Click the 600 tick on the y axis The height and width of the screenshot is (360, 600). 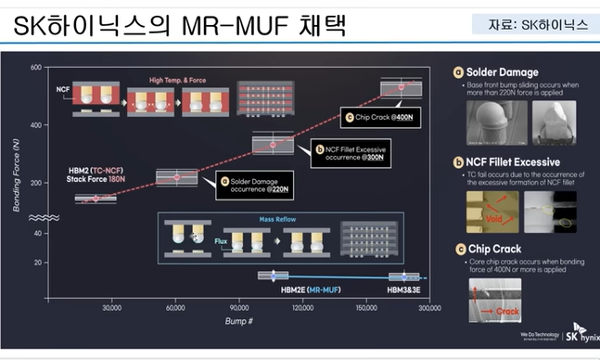36,68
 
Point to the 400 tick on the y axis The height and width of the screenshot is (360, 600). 36,124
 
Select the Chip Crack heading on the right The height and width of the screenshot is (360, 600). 494,248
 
